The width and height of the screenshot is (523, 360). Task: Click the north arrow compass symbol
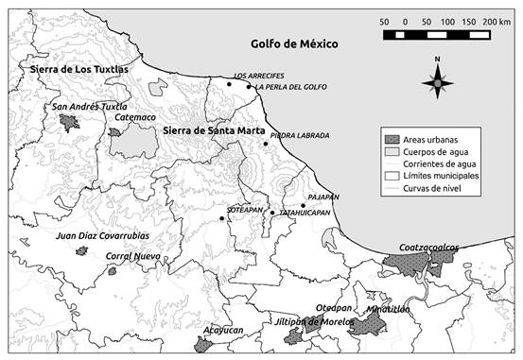coord(437,82)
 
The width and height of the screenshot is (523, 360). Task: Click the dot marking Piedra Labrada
coord(265,144)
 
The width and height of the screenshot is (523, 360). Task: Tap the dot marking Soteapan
coord(222,218)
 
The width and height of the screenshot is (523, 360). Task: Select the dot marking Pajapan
coord(303,205)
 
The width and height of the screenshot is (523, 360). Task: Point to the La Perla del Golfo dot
coord(249,87)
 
